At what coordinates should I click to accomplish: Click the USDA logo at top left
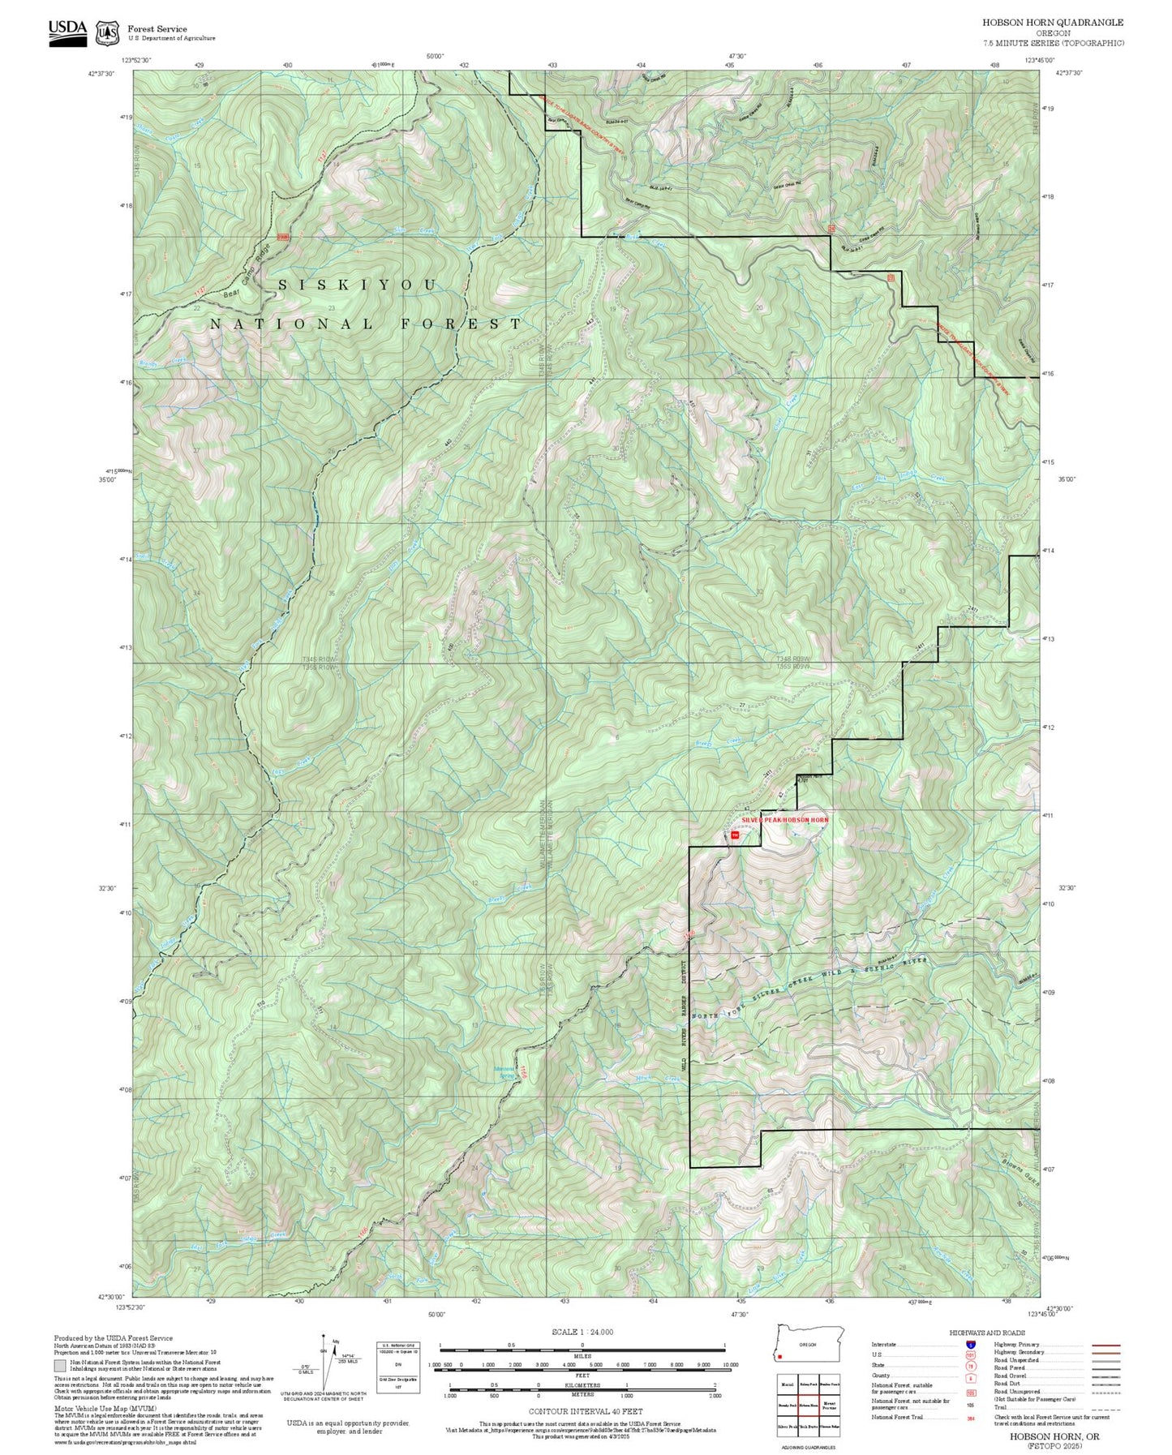67,32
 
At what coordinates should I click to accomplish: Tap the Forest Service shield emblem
106,33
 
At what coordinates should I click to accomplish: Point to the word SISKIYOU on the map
358,285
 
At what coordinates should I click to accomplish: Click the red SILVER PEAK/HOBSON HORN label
784,820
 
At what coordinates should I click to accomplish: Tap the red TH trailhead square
735,835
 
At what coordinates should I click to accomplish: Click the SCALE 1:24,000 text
582,1332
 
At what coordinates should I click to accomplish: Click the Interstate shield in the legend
971,1345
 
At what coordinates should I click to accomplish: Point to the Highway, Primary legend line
1105,1345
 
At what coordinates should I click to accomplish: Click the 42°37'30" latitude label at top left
101,73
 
